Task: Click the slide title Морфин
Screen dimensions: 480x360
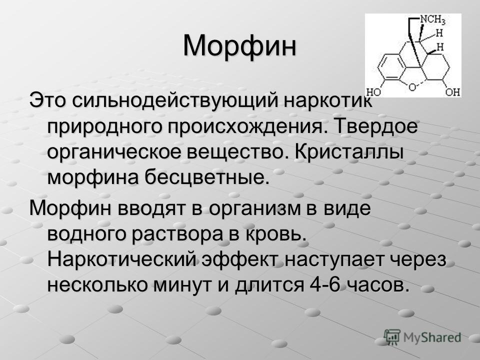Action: click(239, 46)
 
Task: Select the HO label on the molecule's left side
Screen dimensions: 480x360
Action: click(373, 92)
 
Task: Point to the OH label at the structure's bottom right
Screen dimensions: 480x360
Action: click(453, 92)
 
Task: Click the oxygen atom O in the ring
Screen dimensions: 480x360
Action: click(412, 87)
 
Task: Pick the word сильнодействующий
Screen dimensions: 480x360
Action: click(174, 101)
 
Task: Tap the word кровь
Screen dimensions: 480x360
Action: click(275, 234)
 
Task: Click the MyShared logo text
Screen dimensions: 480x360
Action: click(432, 337)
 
